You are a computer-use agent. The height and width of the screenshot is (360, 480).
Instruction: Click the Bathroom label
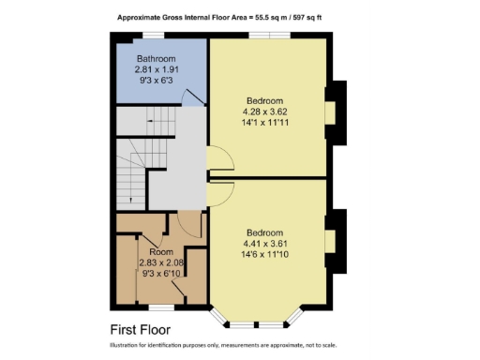tap(157, 58)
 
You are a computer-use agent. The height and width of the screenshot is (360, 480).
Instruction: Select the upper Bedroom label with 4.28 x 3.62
tap(264, 100)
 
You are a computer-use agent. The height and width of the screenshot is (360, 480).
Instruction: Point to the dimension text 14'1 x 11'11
tap(264, 122)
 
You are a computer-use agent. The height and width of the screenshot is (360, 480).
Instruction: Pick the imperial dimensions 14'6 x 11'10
tap(264, 254)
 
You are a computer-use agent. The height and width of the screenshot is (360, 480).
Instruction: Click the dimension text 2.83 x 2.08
tap(160, 263)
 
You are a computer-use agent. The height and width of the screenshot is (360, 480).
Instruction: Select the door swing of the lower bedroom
tap(217, 191)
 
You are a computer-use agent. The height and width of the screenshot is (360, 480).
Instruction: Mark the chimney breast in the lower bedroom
tap(335, 240)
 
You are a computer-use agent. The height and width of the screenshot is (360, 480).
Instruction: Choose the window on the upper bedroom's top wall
tap(265, 36)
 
